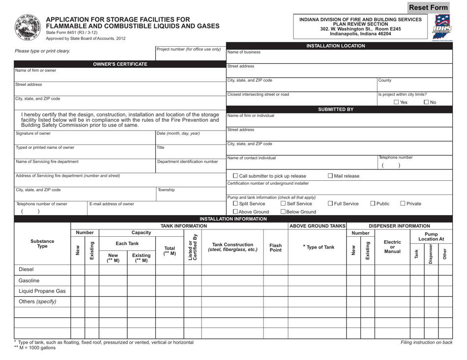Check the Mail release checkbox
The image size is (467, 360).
coord(330,176)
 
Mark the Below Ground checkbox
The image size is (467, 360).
coord(283,212)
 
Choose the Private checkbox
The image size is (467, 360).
coord(403,203)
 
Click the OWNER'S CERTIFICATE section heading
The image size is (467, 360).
coord(120,64)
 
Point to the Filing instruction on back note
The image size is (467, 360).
coord(426,342)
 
